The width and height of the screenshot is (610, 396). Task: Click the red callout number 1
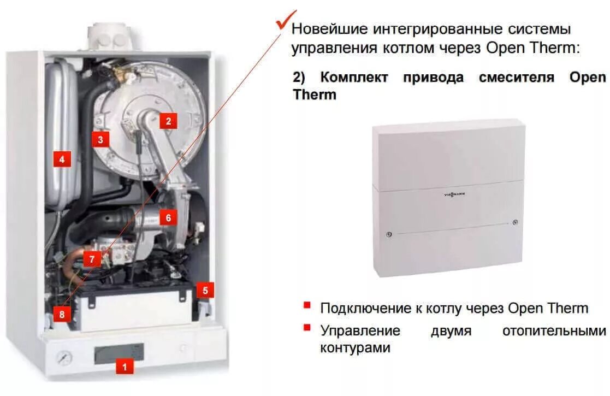pyautogui.click(x=125, y=367)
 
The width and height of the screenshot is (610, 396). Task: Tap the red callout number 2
pyautogui.click(x=168, y=121)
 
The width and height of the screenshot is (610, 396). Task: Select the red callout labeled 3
pyautogui.click(x=100, y=139)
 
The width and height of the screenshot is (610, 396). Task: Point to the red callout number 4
pyautogui.click(x=62, y=159)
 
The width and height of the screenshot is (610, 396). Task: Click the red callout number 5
pyautogui.click(x=205, y=290)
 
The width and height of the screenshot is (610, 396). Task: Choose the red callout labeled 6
pyautogui.click(x=168, y=217)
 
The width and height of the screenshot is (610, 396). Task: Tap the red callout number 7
pyautogui.click(x=92, y=259)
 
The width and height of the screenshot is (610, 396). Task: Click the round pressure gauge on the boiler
pyautogui.click(x=64, y=359)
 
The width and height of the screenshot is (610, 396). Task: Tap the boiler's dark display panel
pyautogui.click(x=119, y=353)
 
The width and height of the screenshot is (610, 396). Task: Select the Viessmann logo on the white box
pyautogui.click(x=448, y=193)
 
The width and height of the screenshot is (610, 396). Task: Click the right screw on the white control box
pyautogui.click(x=516, y=222)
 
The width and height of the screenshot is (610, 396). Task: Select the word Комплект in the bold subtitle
pyautogui.click(x=354, y=77)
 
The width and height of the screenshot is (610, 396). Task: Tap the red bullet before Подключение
pyautogui.click(x=307, y=305)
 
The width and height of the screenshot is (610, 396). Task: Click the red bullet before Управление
pyautogui.click(x=307, y=327)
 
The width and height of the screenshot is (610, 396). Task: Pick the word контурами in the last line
pyautogui.click(x=355, y=347)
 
